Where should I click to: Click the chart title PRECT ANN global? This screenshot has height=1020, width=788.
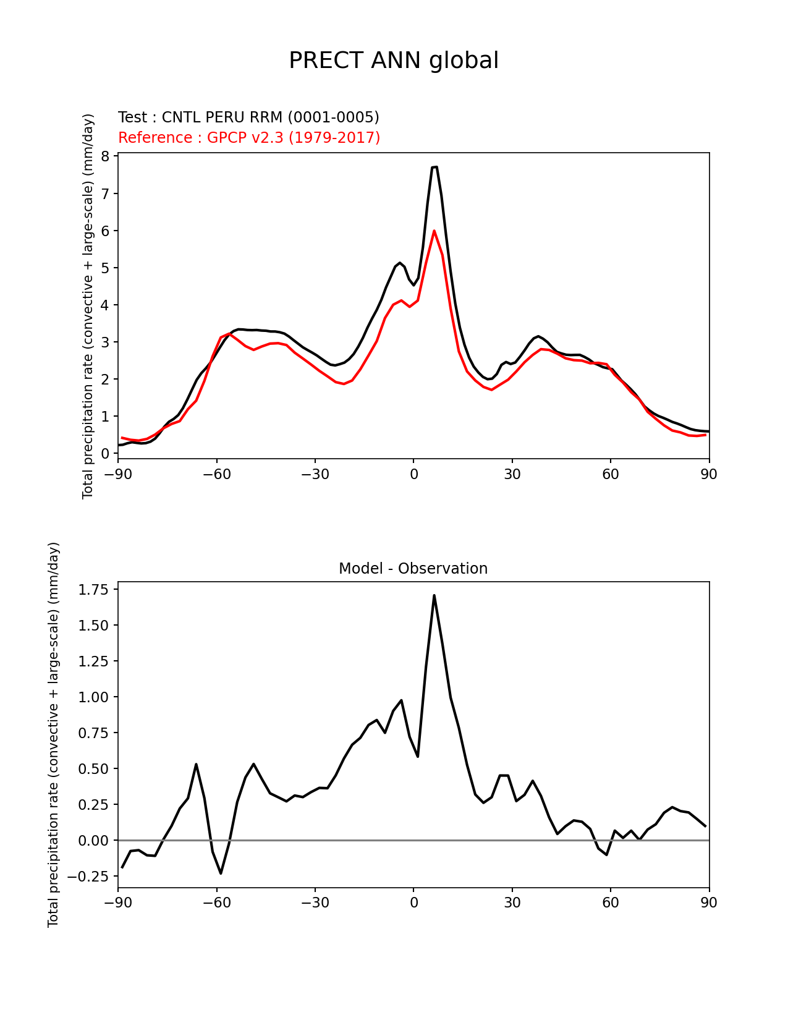pos(394,61)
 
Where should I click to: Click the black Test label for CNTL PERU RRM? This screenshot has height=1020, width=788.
pos(248,117)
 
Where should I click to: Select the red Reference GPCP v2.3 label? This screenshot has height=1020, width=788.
pos(249,137)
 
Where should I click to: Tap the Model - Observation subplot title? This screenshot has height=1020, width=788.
pos(413,569)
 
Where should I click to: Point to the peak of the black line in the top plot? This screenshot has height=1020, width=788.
pos(435,167)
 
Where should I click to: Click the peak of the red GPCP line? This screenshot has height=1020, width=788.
pos(434,231)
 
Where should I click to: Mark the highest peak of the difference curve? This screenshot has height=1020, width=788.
pos(434,595)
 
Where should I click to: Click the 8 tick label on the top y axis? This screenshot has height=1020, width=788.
pos(105,156)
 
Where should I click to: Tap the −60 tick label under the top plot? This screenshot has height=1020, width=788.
pos(216,474)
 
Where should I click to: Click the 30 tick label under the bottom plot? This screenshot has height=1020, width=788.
pos(512,903)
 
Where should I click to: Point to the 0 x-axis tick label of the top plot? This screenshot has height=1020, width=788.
pos(413,474)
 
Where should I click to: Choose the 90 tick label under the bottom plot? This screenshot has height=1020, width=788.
pos(709,903)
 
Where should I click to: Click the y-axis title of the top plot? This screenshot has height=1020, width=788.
pos(88,306)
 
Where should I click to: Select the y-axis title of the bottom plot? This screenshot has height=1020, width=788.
pos(54,734)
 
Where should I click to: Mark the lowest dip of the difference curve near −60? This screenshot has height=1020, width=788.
pos(221,873)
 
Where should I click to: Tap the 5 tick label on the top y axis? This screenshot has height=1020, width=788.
pos(105,268)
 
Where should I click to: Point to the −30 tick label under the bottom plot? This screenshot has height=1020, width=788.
pos(315,903)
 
